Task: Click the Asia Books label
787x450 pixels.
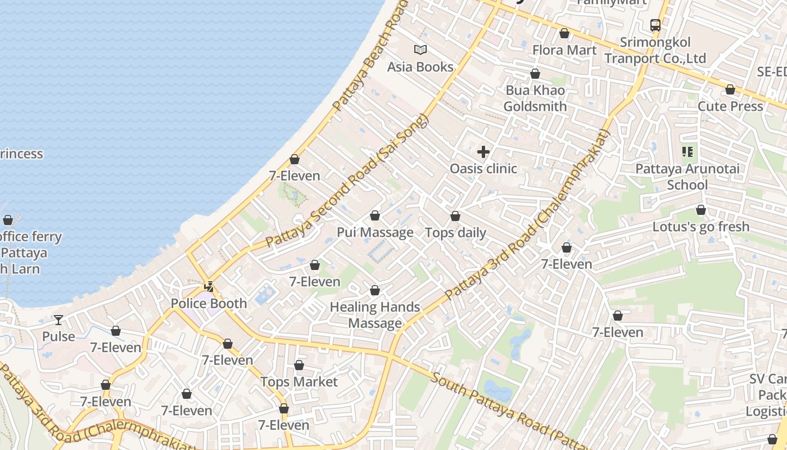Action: click(x=420, y=67)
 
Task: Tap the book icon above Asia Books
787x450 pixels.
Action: click(x=420, y=49)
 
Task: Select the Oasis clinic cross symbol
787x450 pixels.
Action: click(x=483, y=152)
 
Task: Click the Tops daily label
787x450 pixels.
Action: click(x=455, y=233)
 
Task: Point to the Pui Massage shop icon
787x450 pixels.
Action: click(x=375, y=215)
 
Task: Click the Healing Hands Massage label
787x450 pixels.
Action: click(x=375, y=315)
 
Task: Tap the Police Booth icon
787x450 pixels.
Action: click(x=209, y=287)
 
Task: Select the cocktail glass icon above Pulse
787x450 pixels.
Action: click(x=58, y=320)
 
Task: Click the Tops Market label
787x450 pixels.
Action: click(x=299, y=382)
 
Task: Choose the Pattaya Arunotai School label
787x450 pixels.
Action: click(x=688, y=177)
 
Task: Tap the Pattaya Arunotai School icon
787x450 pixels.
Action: click(x=688, y=152)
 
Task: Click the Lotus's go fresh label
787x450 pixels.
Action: click(x=701, y=227)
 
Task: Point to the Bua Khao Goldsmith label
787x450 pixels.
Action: click(x=535, y=98)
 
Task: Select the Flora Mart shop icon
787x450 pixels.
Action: click(x=564, y=34)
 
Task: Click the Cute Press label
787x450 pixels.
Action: click(x=730, y=106)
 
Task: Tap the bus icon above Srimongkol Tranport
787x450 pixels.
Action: click(x=655, y=25)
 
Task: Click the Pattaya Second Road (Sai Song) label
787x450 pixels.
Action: click(x=347, y=181)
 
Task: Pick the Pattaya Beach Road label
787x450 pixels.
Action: click(x=368, y=56)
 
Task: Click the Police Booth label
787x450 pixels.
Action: click(x=209, y=304)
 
